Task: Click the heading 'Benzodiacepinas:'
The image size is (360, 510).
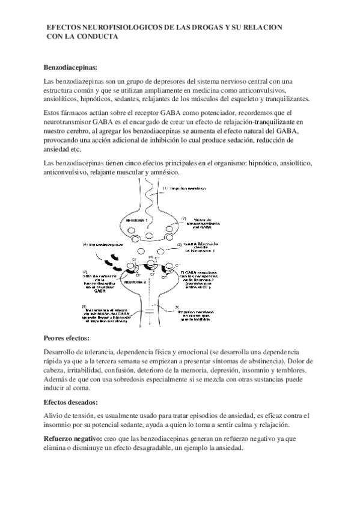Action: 70,67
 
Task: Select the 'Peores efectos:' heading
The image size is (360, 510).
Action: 67,338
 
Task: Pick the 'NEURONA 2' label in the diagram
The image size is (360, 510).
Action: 135,281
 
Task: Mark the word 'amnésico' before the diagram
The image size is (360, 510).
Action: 163,173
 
